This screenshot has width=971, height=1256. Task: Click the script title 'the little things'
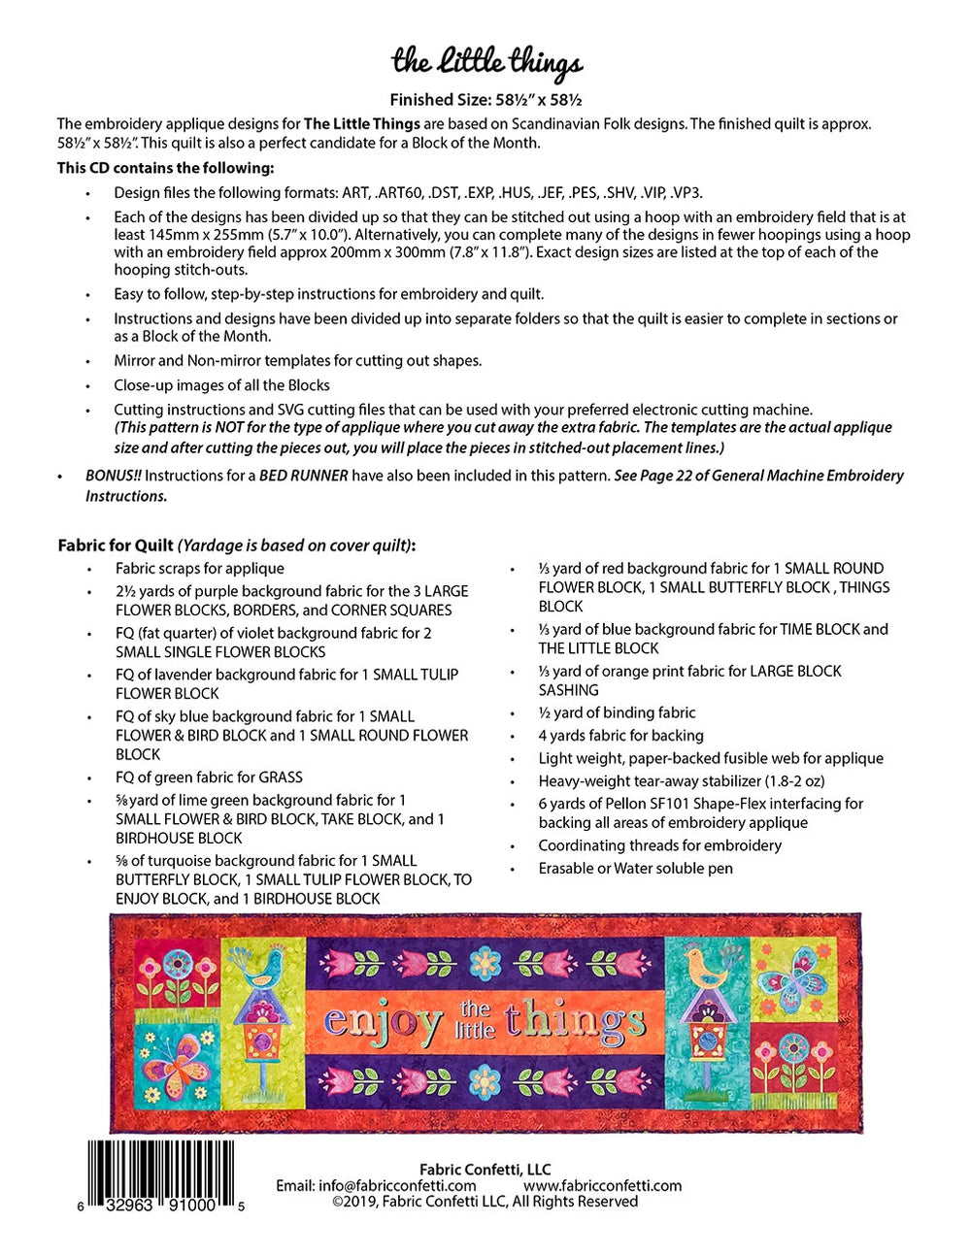486,63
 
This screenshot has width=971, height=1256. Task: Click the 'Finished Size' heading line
485,99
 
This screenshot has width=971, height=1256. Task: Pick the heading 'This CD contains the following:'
165,168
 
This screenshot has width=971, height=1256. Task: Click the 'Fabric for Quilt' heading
116,545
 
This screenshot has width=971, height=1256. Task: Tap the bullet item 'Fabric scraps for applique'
199,569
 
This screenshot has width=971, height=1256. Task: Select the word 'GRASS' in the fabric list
281,777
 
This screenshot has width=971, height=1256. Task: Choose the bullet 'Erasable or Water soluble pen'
635,869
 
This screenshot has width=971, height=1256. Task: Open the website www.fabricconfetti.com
602,1185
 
